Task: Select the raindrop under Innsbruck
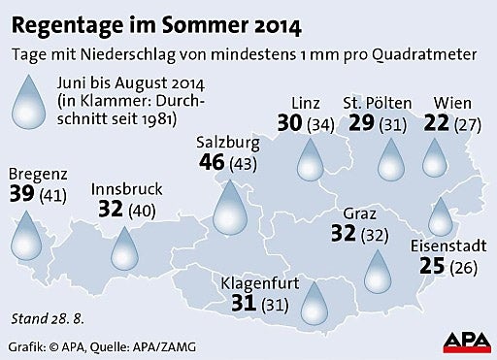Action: coord(124,248)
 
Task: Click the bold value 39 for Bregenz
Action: coord(21,194)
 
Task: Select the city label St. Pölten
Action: coord(378,103)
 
